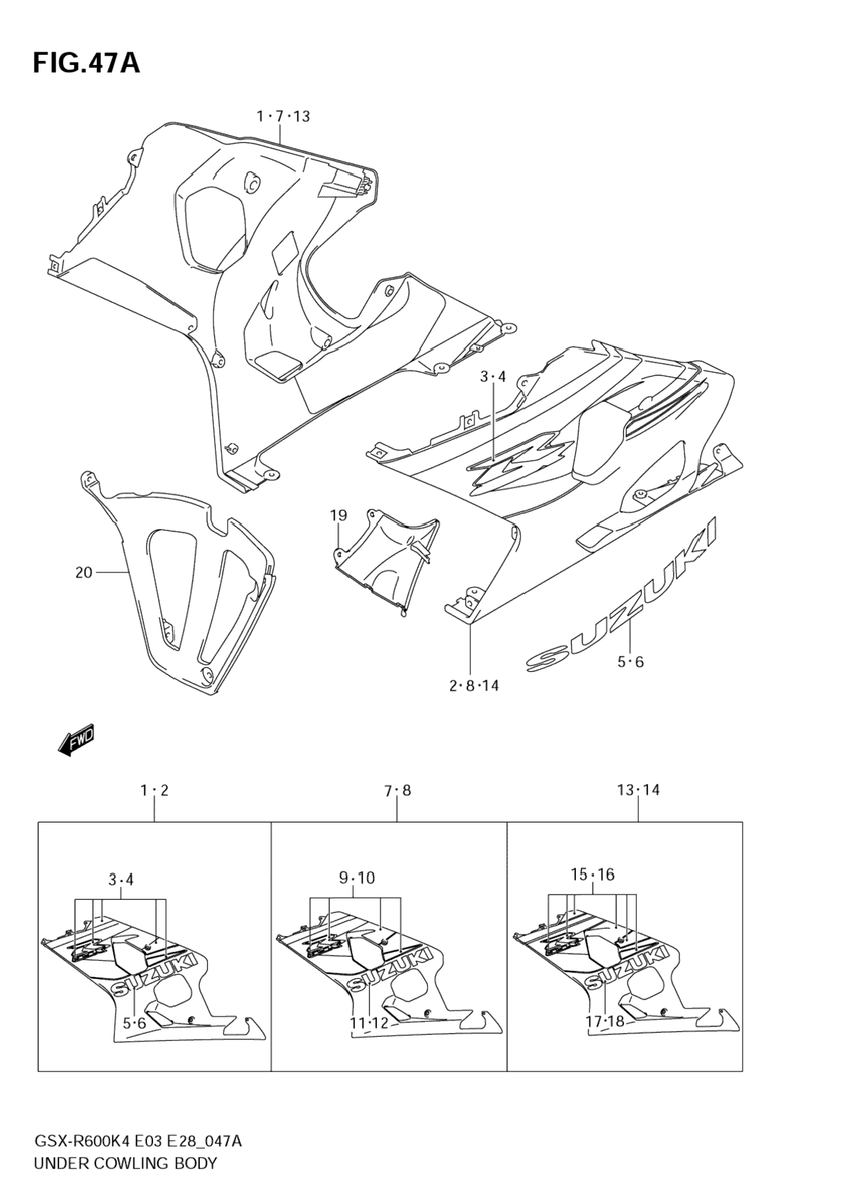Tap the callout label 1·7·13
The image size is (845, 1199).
[283, 117]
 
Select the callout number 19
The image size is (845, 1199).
[338, 515]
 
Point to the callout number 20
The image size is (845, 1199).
[83, 573]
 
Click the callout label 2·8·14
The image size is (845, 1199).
[474, 686]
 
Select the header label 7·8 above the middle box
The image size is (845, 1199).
[397, 791]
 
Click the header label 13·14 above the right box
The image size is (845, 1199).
[638, 790]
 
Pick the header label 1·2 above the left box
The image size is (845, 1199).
[154, 790]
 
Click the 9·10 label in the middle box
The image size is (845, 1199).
[356, 878]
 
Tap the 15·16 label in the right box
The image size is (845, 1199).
[592, 875]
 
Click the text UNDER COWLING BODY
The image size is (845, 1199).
[125, 1164]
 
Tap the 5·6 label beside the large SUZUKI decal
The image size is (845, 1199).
[630, 662]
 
